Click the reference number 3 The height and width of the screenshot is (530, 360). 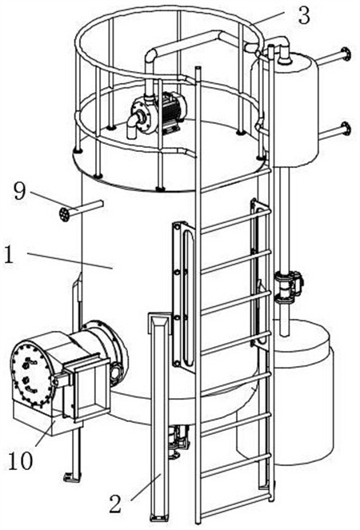point(304,15)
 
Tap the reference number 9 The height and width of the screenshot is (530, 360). point(19,191)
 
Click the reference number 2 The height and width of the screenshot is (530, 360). point(115,504)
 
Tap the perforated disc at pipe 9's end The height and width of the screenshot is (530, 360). point(64,214)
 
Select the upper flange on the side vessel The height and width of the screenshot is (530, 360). point(346,54)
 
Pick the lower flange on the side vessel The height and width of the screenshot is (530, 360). point(346,129)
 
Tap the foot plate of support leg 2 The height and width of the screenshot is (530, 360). point(158,517)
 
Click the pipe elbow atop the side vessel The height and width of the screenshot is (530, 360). point(283,50)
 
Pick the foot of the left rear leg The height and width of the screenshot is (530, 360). point(72,476)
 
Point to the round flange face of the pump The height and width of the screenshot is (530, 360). point(142,114)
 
